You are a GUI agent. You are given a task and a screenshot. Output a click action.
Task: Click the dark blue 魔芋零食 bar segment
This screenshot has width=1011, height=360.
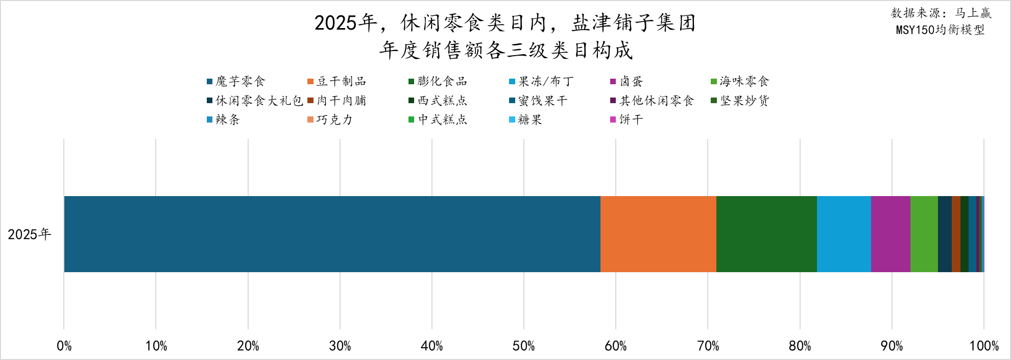pos(332,234)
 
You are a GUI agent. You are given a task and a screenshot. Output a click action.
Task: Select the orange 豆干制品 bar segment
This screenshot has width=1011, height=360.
pos(658,234)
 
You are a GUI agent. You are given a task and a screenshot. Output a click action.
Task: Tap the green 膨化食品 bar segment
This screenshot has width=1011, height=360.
pos(766,234)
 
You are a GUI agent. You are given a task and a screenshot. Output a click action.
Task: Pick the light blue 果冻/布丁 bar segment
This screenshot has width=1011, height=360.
pos(844,234)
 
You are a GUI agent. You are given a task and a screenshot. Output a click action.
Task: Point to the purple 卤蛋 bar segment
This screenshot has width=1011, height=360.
pos(890,234)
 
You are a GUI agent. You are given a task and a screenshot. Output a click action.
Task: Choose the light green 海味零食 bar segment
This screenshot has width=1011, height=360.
pos(924,234)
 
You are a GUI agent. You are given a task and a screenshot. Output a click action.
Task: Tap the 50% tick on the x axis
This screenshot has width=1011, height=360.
pos(523,346)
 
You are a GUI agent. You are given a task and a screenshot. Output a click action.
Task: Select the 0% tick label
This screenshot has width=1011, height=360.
pos(64,346)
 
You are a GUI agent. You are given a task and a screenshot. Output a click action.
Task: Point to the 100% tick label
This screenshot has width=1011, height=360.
pos(984,346)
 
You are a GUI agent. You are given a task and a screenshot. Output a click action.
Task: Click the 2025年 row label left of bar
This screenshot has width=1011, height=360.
pos(30,234)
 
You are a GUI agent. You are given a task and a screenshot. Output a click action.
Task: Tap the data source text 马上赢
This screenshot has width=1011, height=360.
pos(973,13)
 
